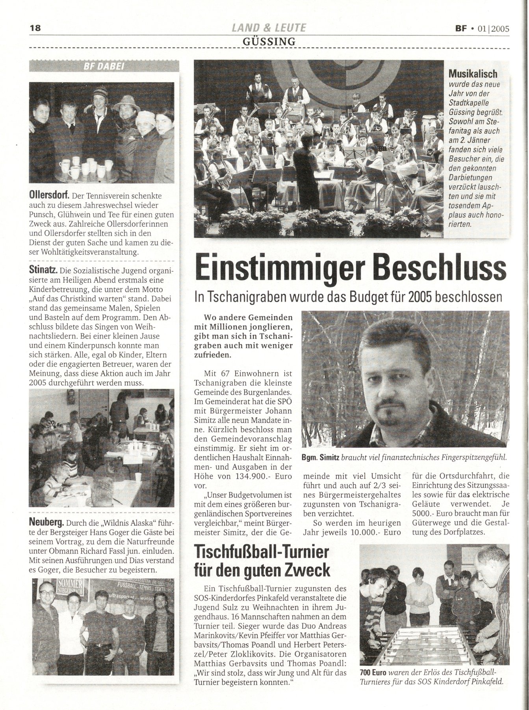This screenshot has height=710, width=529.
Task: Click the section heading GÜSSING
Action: click(x=269, y=41)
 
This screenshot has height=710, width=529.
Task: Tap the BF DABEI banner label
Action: click(x=104, y=67)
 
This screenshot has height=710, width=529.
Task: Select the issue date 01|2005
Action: click(x=494, y=28)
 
